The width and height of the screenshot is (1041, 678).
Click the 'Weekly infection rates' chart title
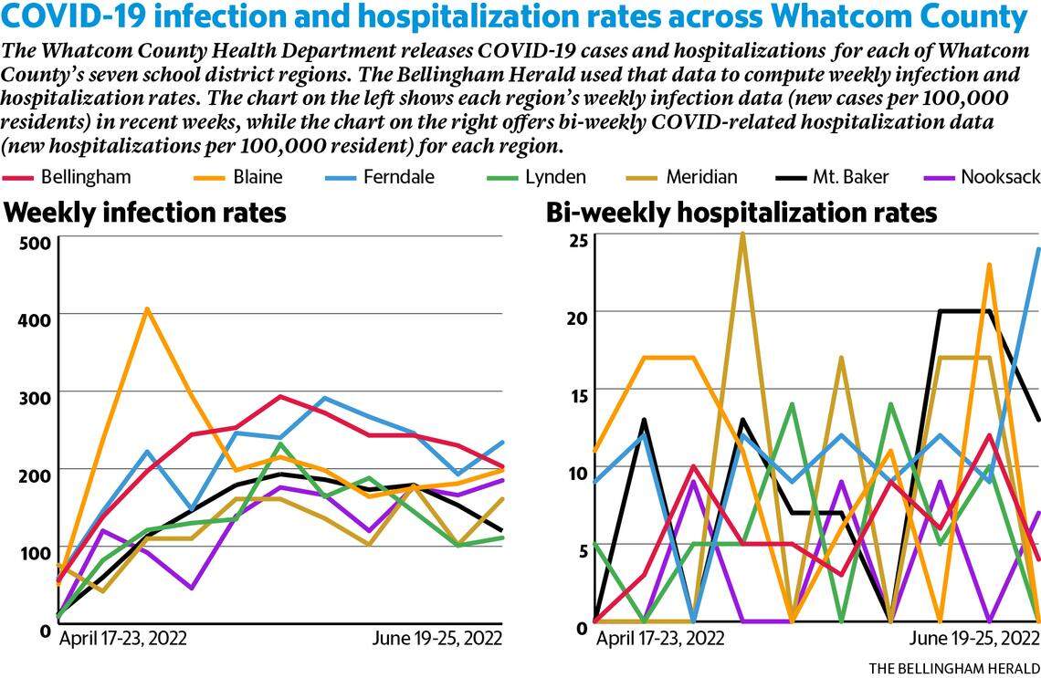click(x=145, y=213)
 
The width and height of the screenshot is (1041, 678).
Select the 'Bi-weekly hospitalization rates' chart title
click(x=741, y=213)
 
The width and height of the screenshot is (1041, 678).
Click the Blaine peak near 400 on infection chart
click(x=146, y=309)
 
